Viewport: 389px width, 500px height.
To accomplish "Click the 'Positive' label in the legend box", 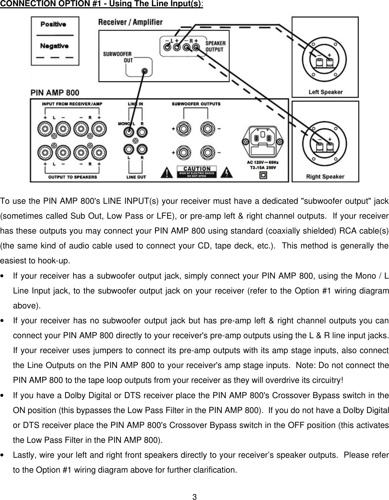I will (53, 24).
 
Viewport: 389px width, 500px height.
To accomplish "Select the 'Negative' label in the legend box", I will (54, 46).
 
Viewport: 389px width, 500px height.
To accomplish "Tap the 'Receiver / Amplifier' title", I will (130, 23).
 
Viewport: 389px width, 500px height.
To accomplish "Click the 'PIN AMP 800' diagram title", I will (55, 93).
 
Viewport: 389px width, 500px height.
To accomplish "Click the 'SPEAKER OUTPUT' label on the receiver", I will (215, 46).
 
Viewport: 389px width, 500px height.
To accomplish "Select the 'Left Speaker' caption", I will (325, 92).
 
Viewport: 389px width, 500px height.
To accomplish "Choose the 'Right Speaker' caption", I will (325, 176).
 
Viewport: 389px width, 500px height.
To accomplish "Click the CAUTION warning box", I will (197, 172).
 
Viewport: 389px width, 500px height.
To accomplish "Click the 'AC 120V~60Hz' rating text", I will (263, 163).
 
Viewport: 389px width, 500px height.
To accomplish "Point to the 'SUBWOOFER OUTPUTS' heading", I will (196, 104).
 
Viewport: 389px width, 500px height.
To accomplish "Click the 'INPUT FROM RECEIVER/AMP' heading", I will (72, 104).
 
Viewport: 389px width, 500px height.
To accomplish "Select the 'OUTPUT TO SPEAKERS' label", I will (72, 177).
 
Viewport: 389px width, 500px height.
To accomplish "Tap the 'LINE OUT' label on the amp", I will (136, 177).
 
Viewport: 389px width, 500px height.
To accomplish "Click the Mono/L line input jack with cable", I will (129, 132).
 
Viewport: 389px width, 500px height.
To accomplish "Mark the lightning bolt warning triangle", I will (227, 172).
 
